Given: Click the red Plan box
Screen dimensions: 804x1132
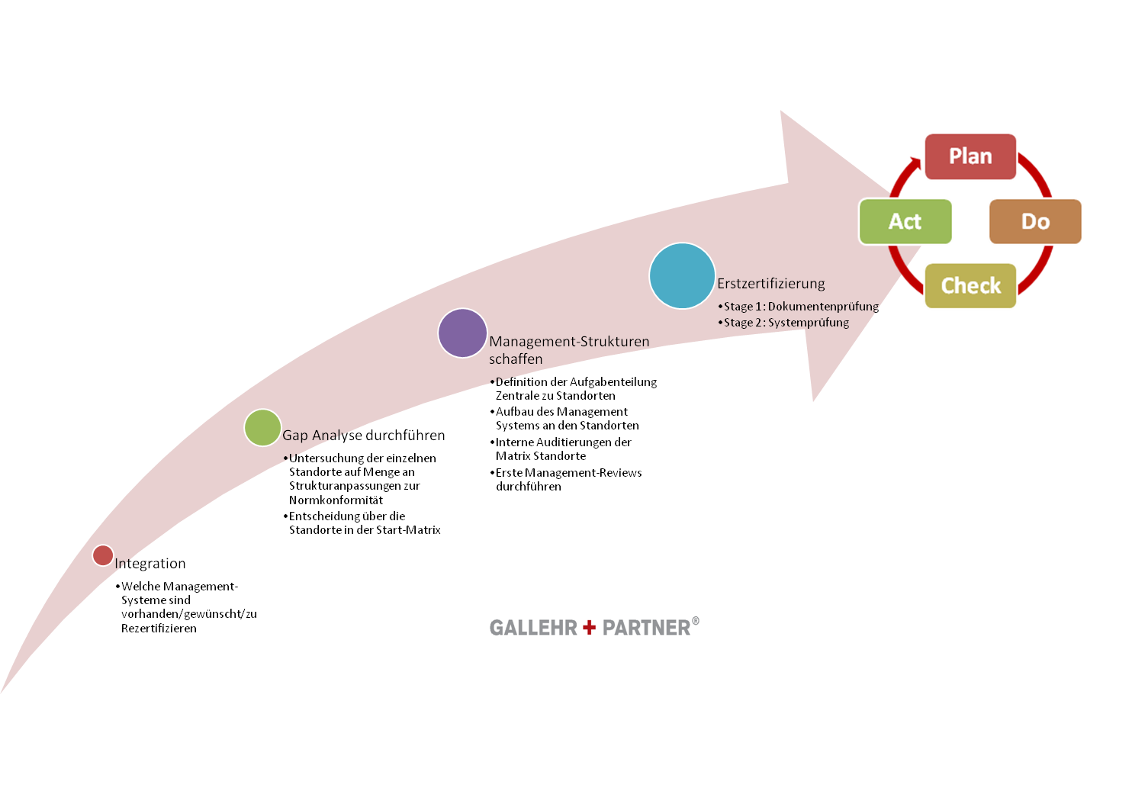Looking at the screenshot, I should tap(970, 157).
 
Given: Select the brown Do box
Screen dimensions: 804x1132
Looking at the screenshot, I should tap(1035, 221).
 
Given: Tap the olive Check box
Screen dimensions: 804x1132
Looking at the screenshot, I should tap(970, 286).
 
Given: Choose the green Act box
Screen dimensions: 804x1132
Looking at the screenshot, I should tap(905, 221).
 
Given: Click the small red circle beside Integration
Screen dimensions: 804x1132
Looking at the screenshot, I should tap(103, 555).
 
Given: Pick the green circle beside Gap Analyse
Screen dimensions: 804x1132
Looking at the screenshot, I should tap(262, 427).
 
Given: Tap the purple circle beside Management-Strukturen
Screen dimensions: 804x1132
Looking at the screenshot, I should tap(462, 333).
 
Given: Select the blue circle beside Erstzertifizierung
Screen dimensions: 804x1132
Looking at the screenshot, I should tap(682, 276).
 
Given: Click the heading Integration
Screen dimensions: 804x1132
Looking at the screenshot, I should tap(150, 564).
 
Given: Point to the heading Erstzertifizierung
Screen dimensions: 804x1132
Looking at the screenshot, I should tap(771, 284).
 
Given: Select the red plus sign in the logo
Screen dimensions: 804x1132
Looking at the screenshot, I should tap(589, 627).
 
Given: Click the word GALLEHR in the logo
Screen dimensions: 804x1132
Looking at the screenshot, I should tap(533, 628).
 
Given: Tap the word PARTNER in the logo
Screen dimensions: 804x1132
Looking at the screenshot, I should tap(646, 628).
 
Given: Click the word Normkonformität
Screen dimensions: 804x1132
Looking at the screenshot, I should tap(336, 500).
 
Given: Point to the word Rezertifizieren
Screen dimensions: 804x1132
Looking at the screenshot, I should tap(159, 629).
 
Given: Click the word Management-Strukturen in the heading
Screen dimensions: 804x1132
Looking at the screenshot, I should tap(569, 342).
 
